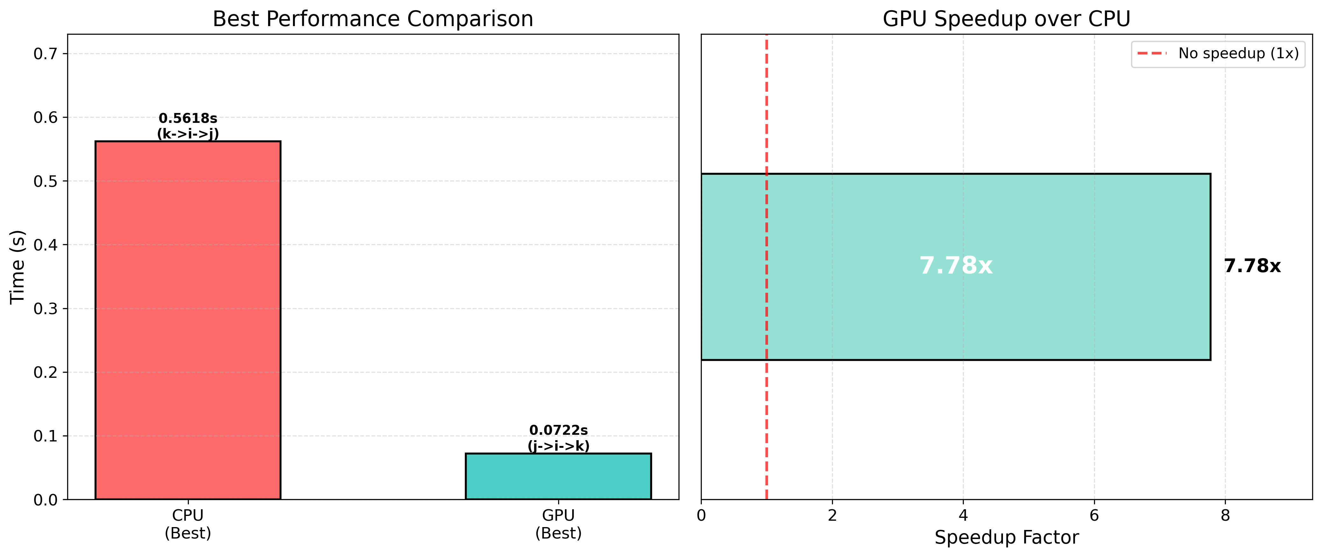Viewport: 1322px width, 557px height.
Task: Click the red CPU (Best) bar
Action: coord(188,320)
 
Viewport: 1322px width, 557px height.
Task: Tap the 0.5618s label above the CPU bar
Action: coord(188,118)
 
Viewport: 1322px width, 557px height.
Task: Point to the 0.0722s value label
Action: coord(558,430)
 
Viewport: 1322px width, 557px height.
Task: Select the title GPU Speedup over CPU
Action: coord(1006,19)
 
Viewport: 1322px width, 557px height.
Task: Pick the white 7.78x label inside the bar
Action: coord(956,266)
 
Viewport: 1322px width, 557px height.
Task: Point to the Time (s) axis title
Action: coord(18,267)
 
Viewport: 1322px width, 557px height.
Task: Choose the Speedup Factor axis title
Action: coord(1006,538)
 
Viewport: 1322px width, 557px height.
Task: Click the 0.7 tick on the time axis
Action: coord(45,54)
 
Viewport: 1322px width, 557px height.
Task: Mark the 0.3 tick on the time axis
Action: coord(45,309)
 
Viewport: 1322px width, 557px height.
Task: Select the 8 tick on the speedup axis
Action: coord(1225,515)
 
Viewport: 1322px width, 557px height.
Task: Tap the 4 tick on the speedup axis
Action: coord(963,515)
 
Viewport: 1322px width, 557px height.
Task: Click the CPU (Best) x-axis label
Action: coord(188,524)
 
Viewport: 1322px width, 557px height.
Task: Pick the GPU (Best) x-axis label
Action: coord(558,524)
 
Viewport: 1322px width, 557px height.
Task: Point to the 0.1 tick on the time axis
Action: coord(45,436)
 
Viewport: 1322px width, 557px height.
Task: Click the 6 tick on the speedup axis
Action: coord(1094,515)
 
